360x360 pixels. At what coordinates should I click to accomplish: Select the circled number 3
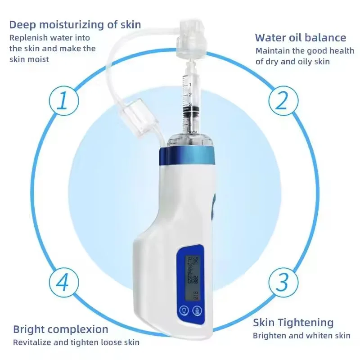(282, 283)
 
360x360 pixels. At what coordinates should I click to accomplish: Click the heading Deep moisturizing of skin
(75, 24)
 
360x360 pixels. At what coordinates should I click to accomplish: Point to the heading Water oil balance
(301, 38)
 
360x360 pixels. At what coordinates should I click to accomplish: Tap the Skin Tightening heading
(293, 323)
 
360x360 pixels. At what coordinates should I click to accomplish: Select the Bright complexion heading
(60, 329)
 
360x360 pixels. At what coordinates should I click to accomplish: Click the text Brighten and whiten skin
(301, 336)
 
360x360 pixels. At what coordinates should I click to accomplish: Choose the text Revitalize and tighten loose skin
(76, 342)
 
